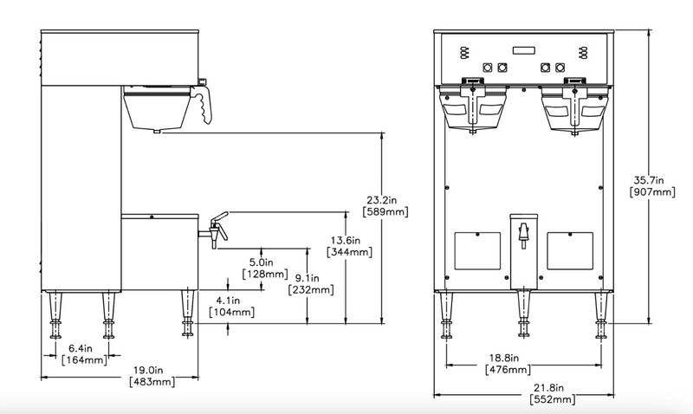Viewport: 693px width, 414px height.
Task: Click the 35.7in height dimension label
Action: (648, 180)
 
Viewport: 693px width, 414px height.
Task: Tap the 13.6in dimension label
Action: (346, 241)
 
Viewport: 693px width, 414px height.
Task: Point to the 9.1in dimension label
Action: (308, 278)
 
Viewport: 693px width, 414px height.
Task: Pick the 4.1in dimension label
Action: (228, 301)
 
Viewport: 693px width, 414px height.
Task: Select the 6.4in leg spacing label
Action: (81, 348)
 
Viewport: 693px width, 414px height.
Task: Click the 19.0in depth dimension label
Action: (148, 370)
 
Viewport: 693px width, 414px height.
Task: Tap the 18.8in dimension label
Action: (504, 358)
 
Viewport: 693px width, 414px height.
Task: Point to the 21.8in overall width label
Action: (548, 388)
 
